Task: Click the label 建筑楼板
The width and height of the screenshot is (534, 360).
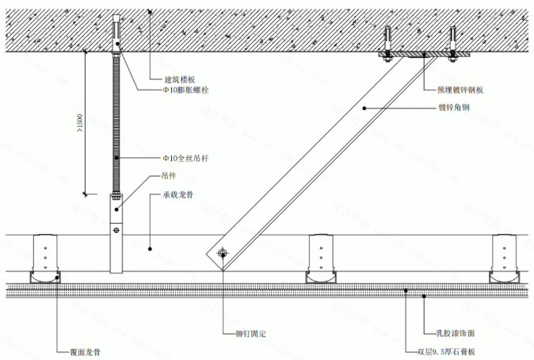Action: click(179, 79)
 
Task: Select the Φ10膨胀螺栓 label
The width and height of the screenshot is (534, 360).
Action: click(185, 90)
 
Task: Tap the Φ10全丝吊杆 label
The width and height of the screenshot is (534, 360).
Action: click(186, 159)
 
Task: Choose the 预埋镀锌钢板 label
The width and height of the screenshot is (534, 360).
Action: click(460, 90)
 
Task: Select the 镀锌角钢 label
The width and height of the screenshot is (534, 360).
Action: click(453, 107)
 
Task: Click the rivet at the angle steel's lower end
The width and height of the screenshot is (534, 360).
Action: click(222, 254)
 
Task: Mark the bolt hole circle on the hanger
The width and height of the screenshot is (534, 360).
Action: click(116, 230)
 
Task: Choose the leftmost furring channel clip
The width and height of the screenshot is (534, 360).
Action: click(46, 258)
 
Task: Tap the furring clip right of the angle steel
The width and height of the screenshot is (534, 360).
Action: click(323, 258)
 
